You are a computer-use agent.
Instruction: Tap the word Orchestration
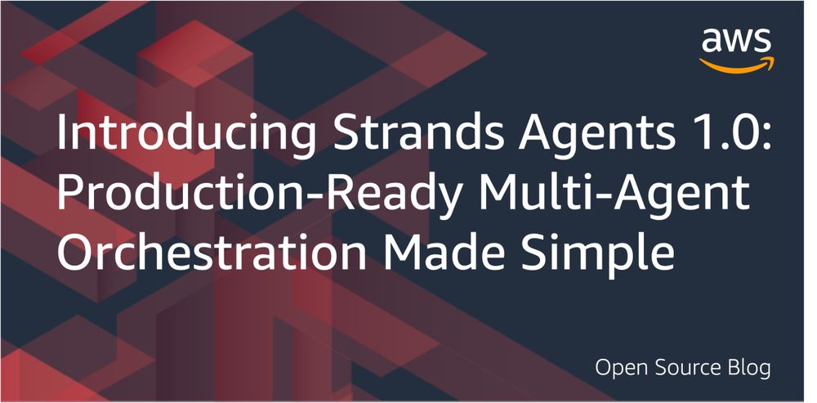coord(212,252)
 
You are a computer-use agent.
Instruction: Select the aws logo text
coord(736,41)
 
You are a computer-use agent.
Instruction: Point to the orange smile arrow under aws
coord(737,65)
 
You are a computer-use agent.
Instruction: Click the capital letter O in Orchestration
coord(75,252)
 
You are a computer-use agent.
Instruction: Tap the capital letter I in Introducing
coord(61,133)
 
